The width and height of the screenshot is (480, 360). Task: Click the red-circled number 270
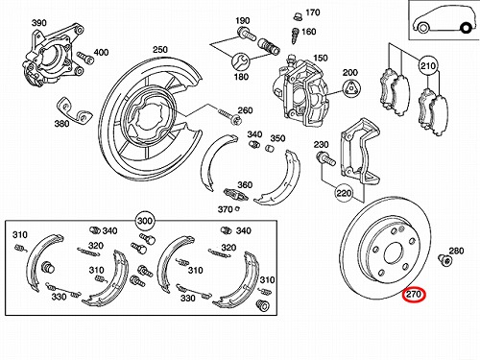coord(414,294)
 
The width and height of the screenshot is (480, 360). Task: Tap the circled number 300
coord(145,221)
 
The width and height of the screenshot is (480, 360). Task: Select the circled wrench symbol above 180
coord(240,61)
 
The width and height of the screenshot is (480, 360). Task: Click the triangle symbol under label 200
coord(351,88)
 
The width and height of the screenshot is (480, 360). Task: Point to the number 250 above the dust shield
coord(160,50)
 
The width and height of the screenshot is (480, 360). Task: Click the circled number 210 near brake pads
coord(428,66)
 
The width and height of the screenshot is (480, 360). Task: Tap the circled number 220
coord(344,193)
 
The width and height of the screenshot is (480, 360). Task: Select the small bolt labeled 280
coord(444,260)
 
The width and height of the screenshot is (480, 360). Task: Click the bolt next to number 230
coord(325,159)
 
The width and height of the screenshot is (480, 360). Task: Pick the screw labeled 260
coord(228,116)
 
